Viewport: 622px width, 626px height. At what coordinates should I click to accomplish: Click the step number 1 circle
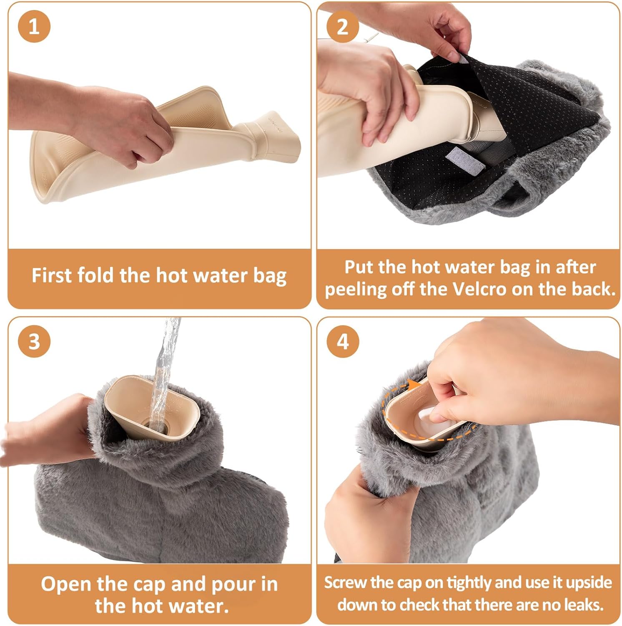tap(34, 27)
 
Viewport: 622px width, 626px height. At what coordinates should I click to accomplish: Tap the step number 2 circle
tap(342, 27)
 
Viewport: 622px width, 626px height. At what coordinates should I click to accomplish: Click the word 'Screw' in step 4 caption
tap(344, 583)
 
